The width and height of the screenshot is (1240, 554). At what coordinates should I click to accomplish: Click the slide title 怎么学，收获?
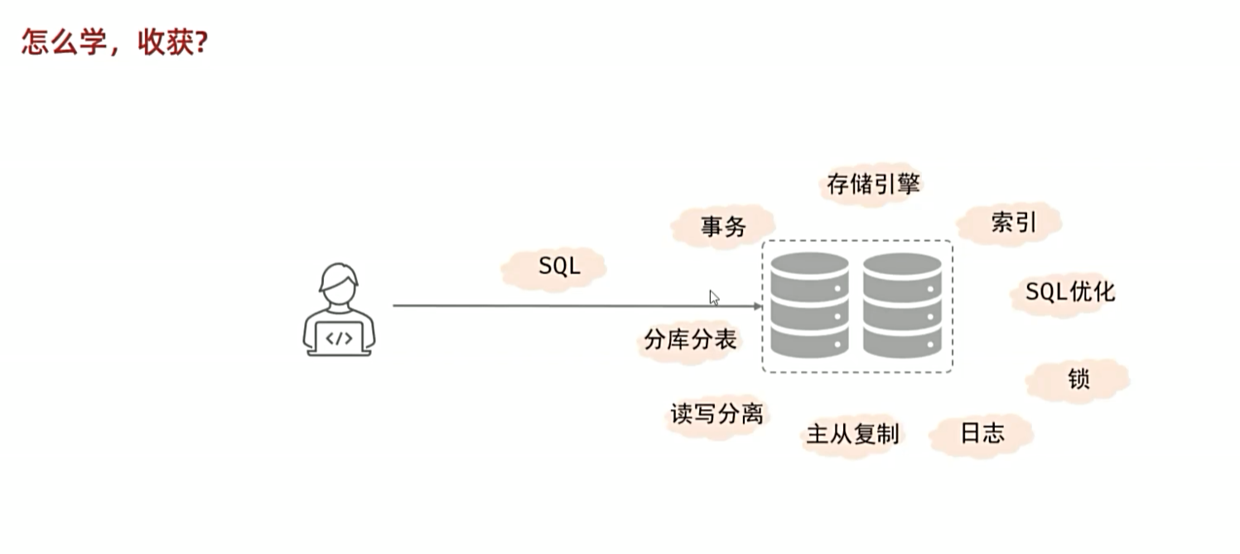[x=113, y=42]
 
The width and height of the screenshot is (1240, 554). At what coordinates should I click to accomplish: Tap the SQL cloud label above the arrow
[x=559, y=266]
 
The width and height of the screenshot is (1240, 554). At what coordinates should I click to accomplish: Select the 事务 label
[x=723, y=226]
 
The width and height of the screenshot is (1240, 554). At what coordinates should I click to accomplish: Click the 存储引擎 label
[x=873, y=183]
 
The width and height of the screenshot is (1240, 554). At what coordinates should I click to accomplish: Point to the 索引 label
[x=1013, y=222]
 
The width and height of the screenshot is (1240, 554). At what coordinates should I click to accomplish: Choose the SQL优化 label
[x=1069, y=291]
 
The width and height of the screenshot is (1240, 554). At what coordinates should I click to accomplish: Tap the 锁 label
[x=1078, y=379]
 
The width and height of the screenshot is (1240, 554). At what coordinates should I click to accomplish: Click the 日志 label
[x=982, y=434]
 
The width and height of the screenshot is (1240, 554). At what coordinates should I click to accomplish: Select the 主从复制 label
[x=852, y=434]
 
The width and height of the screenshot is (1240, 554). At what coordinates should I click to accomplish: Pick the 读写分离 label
[x=716, y=413]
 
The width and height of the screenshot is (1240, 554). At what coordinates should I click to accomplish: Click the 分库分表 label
[x=690, y=340]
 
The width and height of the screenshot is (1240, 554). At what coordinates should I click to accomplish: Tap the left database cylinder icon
[x=809, y=306]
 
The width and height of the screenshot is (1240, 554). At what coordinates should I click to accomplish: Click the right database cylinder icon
[x=902, y=306]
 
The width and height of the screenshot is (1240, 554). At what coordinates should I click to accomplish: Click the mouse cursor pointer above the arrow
[x=714, y=297]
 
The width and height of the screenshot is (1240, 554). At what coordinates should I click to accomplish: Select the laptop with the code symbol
[x=339, y=338]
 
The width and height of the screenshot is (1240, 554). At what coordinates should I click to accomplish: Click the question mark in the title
[x=200, y=42]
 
